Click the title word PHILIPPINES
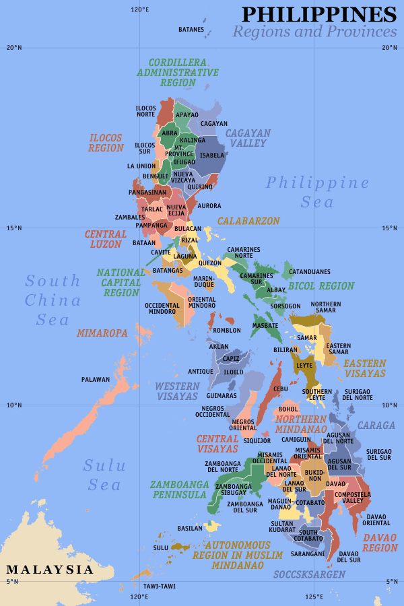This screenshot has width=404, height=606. coord(319,14)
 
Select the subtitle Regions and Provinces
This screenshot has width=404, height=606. coord(314,32)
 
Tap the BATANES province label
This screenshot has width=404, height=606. coord(191,30)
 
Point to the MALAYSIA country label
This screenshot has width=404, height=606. coord(50,570)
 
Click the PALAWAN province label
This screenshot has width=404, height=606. coord(95,380)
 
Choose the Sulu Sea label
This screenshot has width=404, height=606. coord(103,475)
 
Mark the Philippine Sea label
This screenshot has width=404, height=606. coord(317,192)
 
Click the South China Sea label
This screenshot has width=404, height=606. coord(53,300)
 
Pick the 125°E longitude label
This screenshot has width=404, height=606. coord(314,597)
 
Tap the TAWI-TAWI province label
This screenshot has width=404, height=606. coord(159,586)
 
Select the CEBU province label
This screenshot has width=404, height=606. coord(281,389)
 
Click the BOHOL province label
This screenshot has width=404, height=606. coord(288,409)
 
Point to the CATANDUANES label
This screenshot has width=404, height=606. coord(310,272)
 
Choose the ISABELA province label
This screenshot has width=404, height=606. coord(212,155)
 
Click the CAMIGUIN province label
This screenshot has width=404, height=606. coord(296,439)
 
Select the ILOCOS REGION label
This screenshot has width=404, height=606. coord(106,143)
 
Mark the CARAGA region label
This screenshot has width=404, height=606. coord(371,426)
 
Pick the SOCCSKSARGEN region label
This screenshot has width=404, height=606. coord(309,574)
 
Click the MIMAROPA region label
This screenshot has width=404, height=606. coord(102,333)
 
